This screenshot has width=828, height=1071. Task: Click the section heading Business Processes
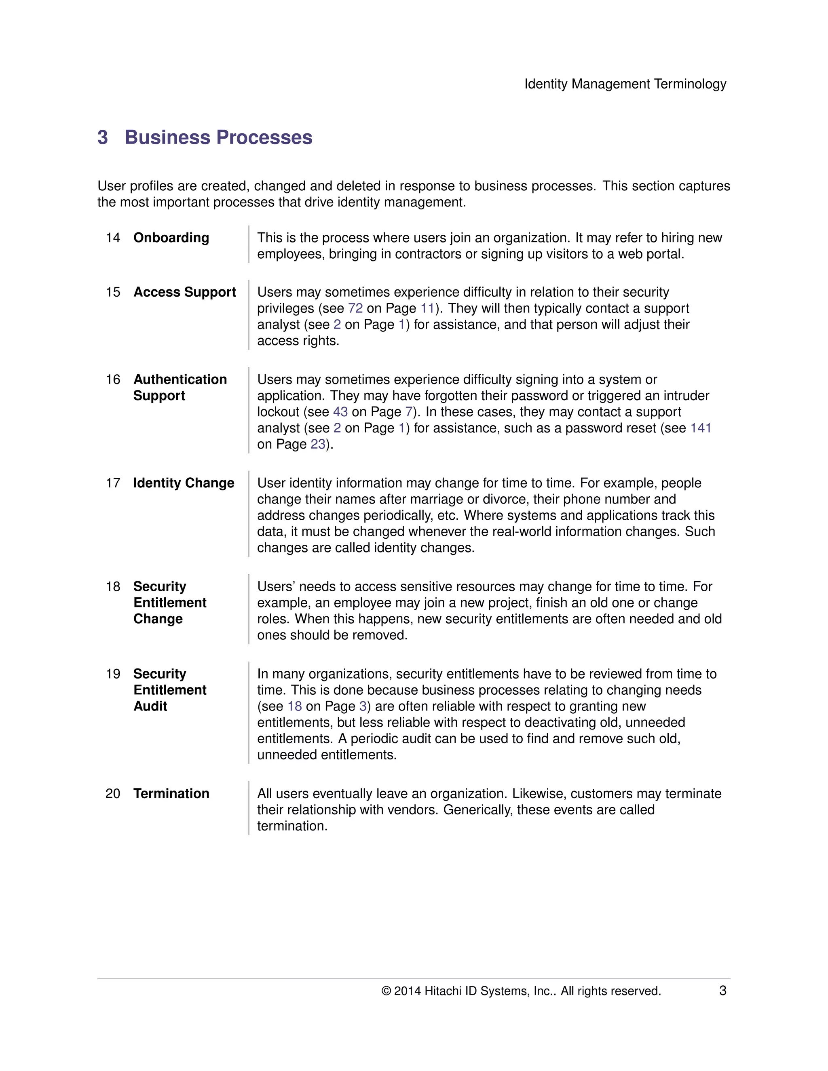click(218, 137)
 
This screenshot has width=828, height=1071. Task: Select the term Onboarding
click(171, 238)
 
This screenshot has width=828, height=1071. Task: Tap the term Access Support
click(184, 292)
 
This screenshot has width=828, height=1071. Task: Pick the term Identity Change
click(184, 483)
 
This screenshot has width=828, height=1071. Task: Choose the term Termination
click(171, 793)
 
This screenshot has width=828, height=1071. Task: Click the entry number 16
click(113, 379)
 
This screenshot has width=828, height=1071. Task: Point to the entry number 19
click(113, 674)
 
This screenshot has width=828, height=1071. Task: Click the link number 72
click(355, 308)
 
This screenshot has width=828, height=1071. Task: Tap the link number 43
click(340, 412)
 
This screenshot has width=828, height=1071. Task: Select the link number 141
click(701, 428)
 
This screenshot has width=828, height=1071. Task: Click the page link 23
click(318, 444)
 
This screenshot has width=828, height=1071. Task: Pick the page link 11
click(427, 308)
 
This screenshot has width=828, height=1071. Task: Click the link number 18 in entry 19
click(294, 706)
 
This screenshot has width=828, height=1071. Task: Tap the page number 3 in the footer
click(722, 991)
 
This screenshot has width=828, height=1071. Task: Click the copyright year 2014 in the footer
click(407, 991)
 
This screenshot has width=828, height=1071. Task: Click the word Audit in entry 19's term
click(150, 706)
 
